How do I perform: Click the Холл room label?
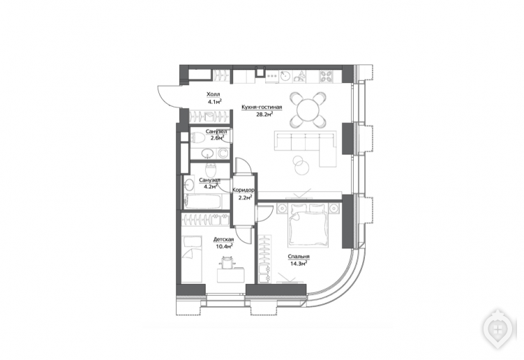coord(214,95)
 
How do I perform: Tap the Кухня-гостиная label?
coord(262,107)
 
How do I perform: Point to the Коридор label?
coord(243,190)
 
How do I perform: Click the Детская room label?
coord(223,240)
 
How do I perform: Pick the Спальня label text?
coord(299,257)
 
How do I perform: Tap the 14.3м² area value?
coord(298,264)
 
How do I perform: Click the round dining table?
coord(308,110)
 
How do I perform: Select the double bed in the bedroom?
coord(308,225)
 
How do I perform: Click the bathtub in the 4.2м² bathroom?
coord(202,202)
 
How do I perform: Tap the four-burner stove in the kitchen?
coord(326,77)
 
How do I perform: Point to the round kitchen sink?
coord(286,76)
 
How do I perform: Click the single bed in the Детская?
coord(192,260)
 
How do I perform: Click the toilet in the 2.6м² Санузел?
coord(200,137)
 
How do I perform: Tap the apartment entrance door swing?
coord(167,96)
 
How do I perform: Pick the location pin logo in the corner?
coord(497,329)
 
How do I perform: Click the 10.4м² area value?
coord(224,247)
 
